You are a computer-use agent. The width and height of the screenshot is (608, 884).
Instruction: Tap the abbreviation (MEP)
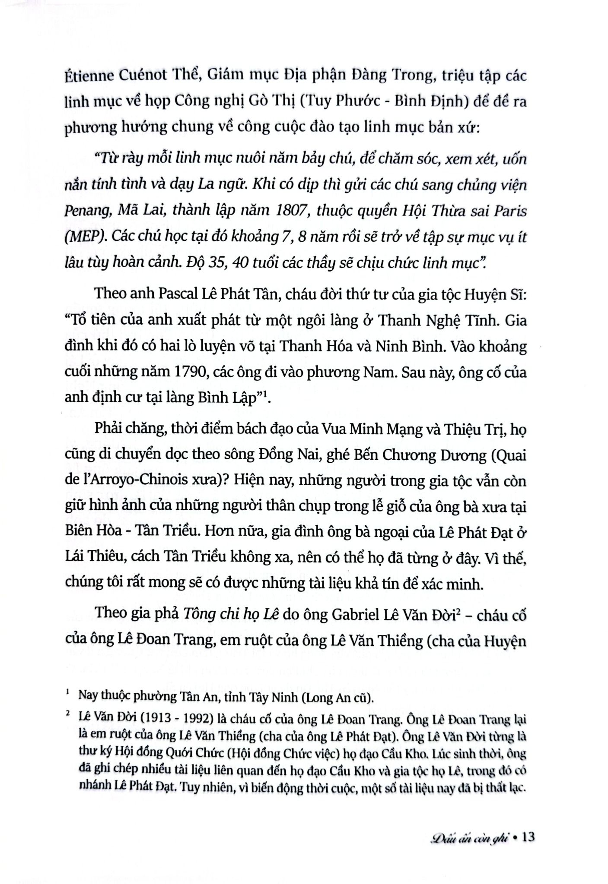click(x=85, y=238)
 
